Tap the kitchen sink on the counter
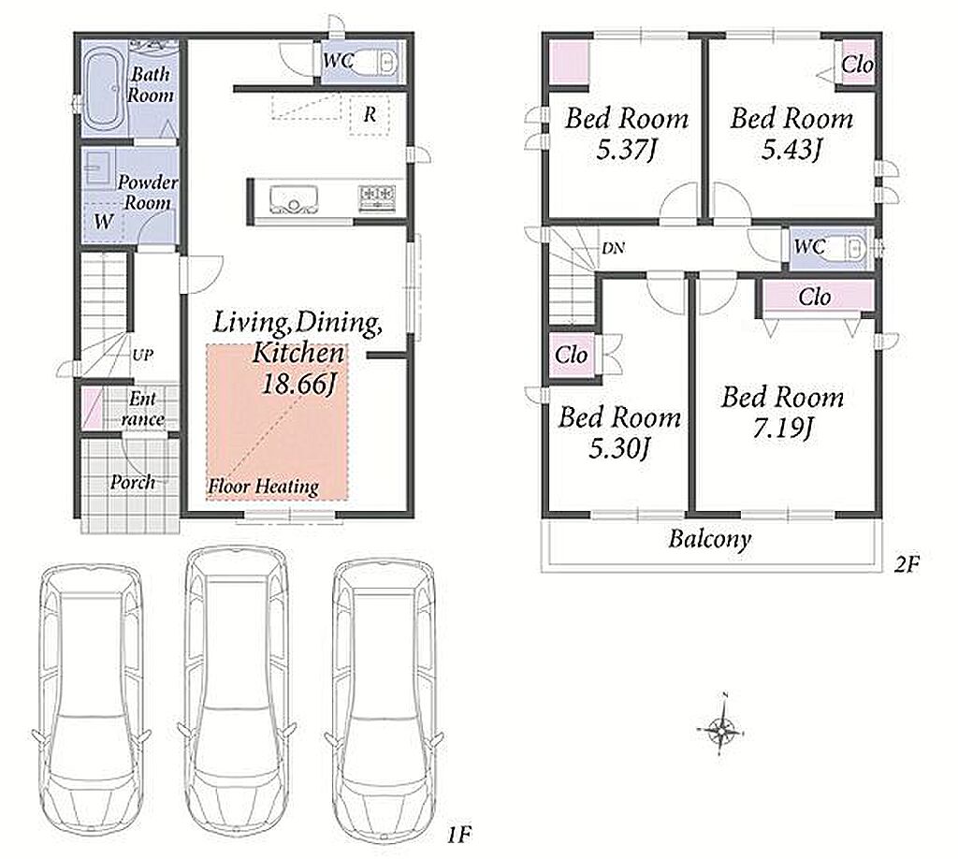(294, 199)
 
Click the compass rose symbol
(722, 728)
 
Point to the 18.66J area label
(299, 385)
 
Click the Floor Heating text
(263, 487)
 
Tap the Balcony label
(709, 540)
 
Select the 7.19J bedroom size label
(782, 429)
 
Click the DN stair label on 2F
(614, 249)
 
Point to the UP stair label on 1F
(142, 355)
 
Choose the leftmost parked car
(91, 702)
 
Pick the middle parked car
(237, 692)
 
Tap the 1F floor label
(459, 834)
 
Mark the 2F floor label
(907, 564)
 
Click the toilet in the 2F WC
(849, 247)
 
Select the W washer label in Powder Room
(104, 221)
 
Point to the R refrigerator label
(370, 115)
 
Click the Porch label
(133, 482)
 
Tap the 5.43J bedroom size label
(791, 149)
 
